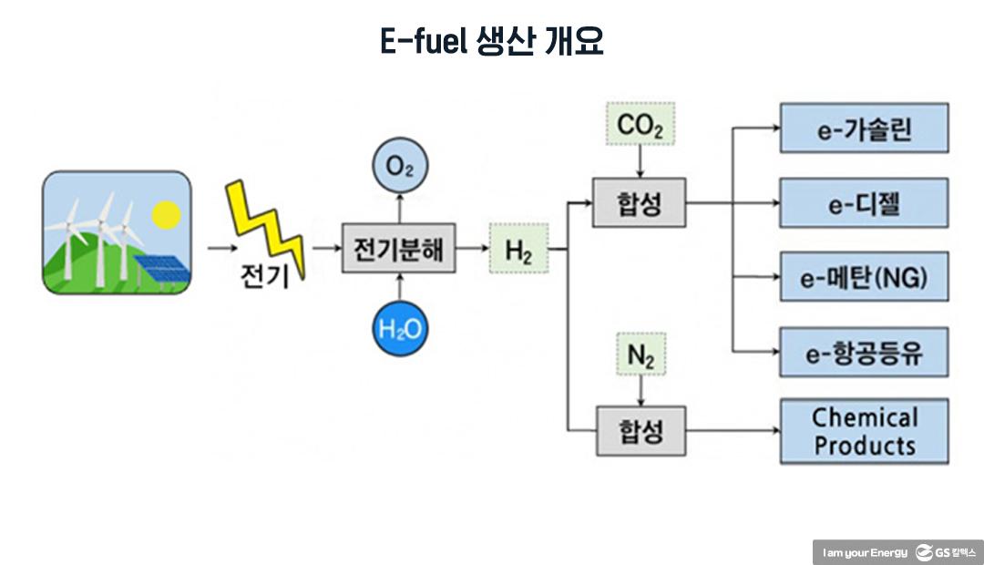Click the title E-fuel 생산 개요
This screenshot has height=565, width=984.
point(492,42)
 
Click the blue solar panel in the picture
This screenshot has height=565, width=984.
point(162,268)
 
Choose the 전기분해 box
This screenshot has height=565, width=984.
point(398,248)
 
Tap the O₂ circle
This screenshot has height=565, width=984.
point(399,167)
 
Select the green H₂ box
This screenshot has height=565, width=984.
point(518,248)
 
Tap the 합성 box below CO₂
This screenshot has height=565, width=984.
point(640,203)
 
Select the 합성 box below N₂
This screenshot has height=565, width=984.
point(641,431)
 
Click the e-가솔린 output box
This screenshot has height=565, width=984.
point(864,128)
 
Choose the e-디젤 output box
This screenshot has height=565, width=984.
point(864,202)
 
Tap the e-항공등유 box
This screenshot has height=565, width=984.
point(864,352)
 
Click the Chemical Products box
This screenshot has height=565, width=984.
point(864,431)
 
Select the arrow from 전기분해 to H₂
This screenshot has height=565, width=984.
point(472,248)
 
